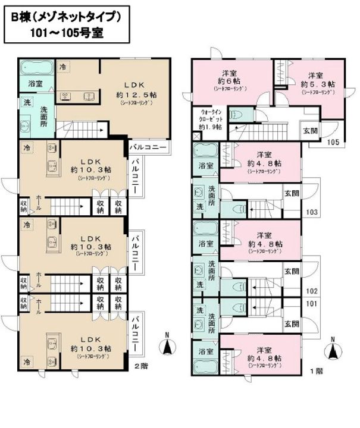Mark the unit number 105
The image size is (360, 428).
coord(316,142)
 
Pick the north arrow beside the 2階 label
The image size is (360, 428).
coord(168,345)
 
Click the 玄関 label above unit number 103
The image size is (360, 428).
coord(291,193)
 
